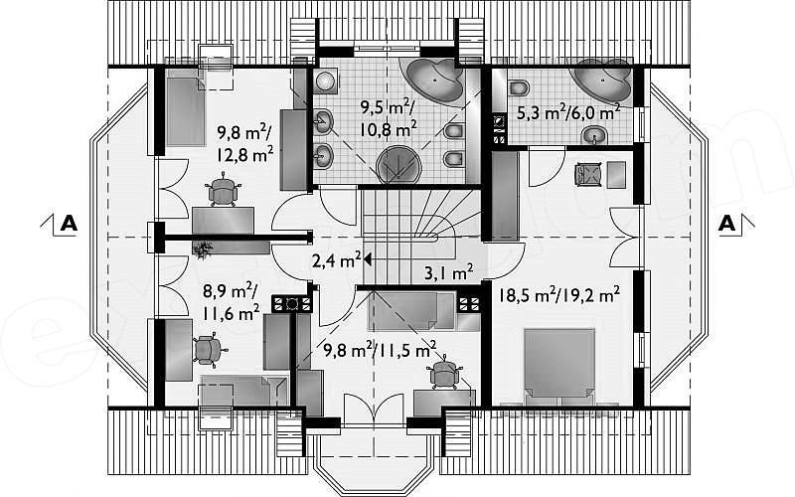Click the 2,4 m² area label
click(x=336, y=261)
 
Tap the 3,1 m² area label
click(x=448, y=273)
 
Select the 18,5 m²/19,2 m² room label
click(x=559, y=294)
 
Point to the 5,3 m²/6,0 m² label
click(x=567, y=112)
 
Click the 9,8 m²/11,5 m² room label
click(x=380, y=350)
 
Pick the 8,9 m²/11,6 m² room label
click(x=231, y=303)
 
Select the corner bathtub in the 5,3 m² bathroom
click(x=602, y=81)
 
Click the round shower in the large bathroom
click(x=399, y=165)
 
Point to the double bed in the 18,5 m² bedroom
click(x=559, y=365)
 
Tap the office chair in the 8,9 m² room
click(x=208, y=349)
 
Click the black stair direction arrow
click(x=368, y=260)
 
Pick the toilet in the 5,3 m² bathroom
click(x=518, y=87)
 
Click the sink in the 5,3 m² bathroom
click(x=594, y=135)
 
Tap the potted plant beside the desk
click(x=204, y=249)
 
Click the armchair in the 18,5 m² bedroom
click(x=587, y=175)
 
